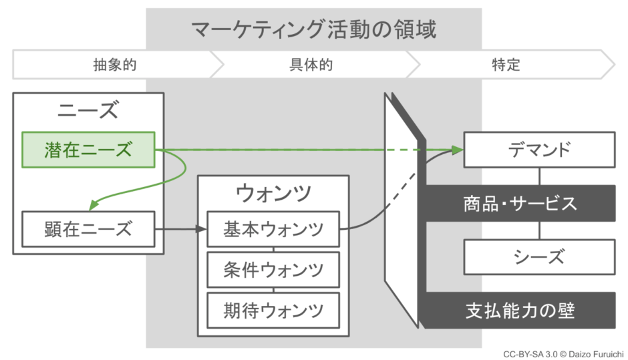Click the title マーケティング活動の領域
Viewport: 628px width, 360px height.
click(313, 30)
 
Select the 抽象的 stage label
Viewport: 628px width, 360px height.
click(115, 65)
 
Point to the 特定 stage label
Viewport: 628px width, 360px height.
click(506, 65)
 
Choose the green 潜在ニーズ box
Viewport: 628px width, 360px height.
click(88, 150)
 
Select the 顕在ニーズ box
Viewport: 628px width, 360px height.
click(88, 229)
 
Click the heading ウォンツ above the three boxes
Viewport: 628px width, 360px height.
click(273, 193)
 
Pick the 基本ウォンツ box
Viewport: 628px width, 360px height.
click(273, 230)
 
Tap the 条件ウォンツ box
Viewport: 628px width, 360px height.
click(273, 269)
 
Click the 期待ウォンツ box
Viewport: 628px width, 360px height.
click(273, 309)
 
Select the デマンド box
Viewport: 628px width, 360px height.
click(539, 150)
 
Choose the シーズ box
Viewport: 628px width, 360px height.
click(539, 256)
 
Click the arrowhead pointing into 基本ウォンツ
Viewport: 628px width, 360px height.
click(202, 230)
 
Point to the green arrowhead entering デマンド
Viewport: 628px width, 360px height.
click(458, 150)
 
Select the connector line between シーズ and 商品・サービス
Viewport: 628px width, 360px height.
click(539, 230)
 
